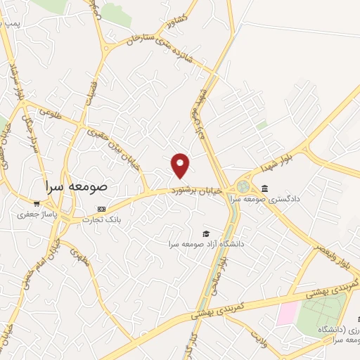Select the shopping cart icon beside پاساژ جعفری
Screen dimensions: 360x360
click(x=37, y=204)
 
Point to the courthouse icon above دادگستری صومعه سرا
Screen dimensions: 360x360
click(x=264, y=188)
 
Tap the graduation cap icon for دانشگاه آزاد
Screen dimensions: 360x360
click(x=206, y=233)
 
